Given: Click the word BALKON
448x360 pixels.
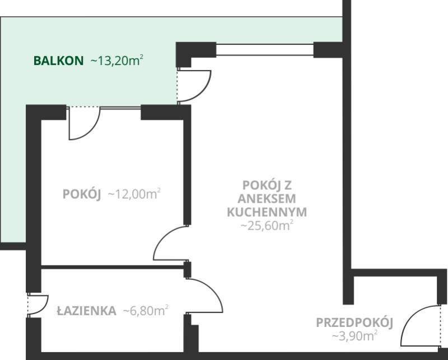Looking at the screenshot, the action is (x=59, y=61).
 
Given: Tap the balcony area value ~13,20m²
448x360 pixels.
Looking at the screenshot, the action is (x=117, y=60).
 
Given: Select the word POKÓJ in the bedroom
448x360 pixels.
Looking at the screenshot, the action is (x=82, y=194).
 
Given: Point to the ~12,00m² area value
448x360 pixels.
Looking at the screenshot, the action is (x=134, y=194).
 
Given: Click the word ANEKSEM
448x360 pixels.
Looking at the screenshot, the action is (x=267, y=199).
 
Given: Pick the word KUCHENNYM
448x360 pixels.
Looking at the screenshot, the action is (x=267, y=212).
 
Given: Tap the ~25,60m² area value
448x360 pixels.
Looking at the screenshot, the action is (x=267, y=226).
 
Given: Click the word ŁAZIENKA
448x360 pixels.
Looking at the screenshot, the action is (x=87, y=311).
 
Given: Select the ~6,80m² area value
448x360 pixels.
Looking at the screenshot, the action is (x=146, y=311).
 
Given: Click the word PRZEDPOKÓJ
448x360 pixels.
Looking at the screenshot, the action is (x=354, y=323).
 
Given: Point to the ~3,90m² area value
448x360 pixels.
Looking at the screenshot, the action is (x=354, y=336).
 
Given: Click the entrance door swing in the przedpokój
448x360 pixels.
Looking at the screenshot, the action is (x=409, y=317).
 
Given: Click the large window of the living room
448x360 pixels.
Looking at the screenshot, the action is (x=264, y=50).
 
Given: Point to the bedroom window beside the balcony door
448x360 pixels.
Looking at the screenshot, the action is (x=120, y=107).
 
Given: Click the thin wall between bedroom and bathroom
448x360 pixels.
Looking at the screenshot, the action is (x=113, y=267).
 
